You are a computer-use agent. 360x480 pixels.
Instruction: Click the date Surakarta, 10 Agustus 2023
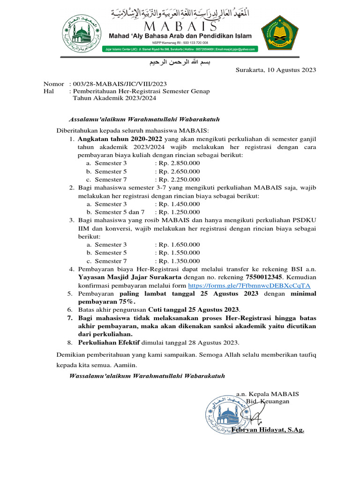(276, 70)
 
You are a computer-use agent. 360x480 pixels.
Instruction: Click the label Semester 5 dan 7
(120, 212)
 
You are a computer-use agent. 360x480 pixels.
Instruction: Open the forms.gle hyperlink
(249, 285)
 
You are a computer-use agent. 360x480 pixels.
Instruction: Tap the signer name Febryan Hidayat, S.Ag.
(268, 430)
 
